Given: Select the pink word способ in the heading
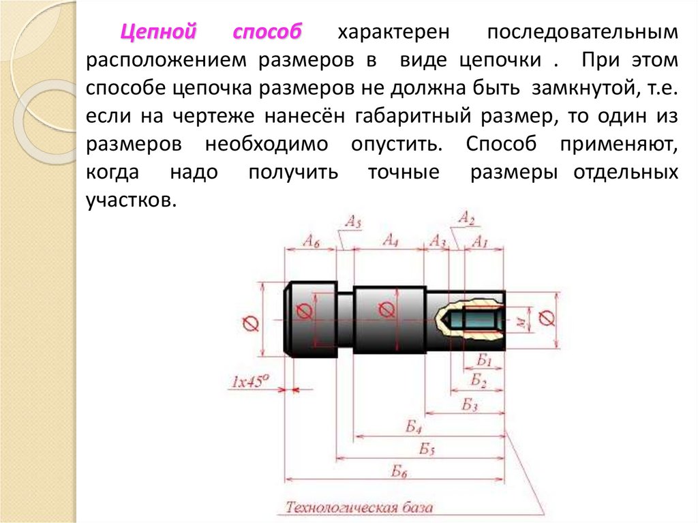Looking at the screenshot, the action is (267, 33).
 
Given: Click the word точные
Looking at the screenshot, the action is (404, 172).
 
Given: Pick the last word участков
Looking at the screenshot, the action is (127, 200).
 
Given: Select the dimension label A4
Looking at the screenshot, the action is (391, 240).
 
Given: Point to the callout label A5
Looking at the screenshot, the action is (353, 221).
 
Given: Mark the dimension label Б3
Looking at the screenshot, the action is (469, 405).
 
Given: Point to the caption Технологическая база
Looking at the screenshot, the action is (359, 508).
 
